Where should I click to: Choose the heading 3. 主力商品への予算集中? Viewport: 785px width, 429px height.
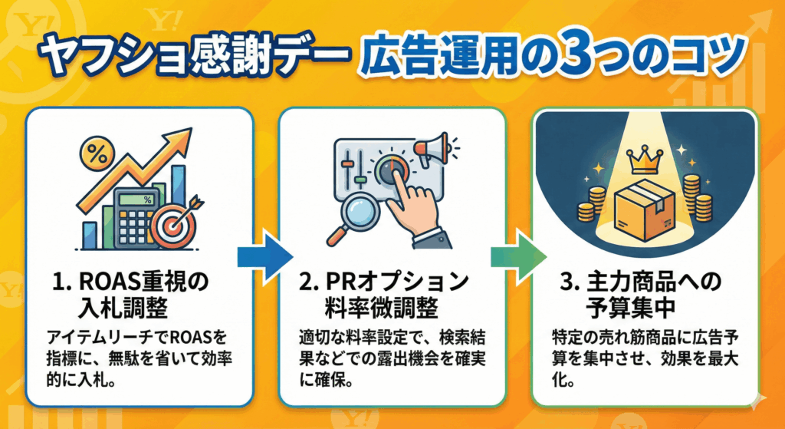click(644, 296)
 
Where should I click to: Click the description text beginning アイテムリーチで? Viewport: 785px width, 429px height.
click(139, 358)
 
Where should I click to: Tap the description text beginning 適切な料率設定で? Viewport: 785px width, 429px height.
click(392, 358)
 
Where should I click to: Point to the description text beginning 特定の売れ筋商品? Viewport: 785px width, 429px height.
click(644, 358)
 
